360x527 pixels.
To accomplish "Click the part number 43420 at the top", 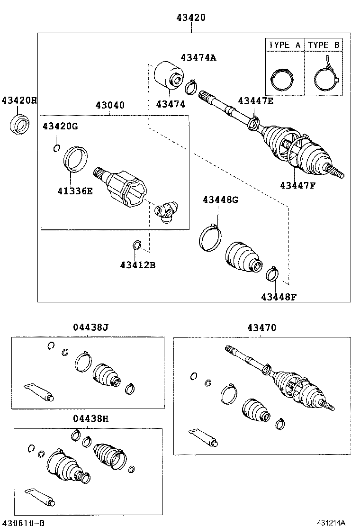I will (191, 18).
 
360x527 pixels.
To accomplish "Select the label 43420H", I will (19, 100).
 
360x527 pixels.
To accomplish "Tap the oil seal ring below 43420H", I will (19, 124).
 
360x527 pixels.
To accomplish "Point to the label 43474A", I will (198, 57).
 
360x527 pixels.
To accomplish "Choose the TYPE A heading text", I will (284, 45).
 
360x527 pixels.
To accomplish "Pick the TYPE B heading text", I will (324, 45).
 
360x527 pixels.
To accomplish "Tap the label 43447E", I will (256, 100).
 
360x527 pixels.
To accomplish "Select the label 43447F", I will (297, 185).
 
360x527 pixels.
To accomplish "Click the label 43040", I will (110, 105).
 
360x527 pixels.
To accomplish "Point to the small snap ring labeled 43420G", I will (56, 148).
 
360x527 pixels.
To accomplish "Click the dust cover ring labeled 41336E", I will (76, 158).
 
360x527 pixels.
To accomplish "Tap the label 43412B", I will (137, 264).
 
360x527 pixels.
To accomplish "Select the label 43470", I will (261, 327).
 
